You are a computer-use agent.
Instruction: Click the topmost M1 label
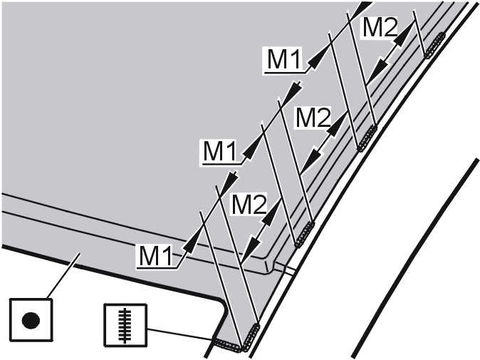(x=284, y=59)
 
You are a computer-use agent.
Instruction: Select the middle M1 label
(x=220, y=150)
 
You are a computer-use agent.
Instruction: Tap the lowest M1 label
(x=156, y=255)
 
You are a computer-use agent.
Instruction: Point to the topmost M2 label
(x=380, y=26)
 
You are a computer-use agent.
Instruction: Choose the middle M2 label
(x=313, y=117)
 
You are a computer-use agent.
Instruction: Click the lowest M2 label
(x=249, y=204)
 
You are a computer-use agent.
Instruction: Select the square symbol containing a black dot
(x=31, y=320)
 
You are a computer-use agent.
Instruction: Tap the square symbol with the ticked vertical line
(x=125, y=325)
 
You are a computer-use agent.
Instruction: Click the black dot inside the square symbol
(x=31, y=321)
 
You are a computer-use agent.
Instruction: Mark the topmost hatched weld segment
(x=434, y=45)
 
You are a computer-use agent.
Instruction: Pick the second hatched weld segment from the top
(x=367, y=138)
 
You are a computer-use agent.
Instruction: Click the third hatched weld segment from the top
(x=304, y=234)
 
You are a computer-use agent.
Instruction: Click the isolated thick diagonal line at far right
(x=415, y=257)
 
